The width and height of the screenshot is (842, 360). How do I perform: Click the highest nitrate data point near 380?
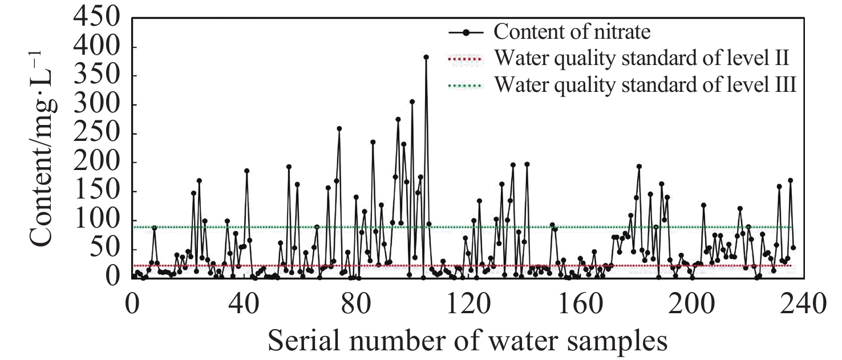click(426, 57)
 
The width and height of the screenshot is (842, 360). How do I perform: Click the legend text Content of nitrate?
click(572, 31)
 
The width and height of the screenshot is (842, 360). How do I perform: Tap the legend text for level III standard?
click(645, 86)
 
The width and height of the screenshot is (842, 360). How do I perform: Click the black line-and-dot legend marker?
click(466, 33)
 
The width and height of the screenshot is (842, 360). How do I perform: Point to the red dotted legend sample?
click(466, 59)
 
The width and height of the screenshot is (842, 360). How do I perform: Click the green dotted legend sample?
click(466, 86)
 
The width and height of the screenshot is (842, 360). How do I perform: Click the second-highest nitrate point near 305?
click(412, 102)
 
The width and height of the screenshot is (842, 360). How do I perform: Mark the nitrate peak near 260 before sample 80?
click(339, 128)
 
